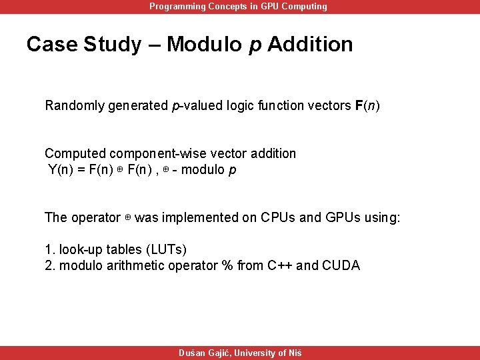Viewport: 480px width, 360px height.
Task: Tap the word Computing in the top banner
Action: [304, 7]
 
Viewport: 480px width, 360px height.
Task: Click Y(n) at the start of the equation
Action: [61, 169]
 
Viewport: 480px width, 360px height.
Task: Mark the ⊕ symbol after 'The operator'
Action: [127, 218]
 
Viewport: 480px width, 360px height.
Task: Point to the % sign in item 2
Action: [231, 265]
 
